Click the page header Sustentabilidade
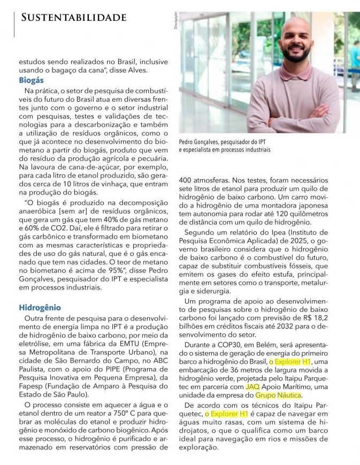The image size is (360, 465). click(74, 18)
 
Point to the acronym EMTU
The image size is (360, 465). click(121, 345)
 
